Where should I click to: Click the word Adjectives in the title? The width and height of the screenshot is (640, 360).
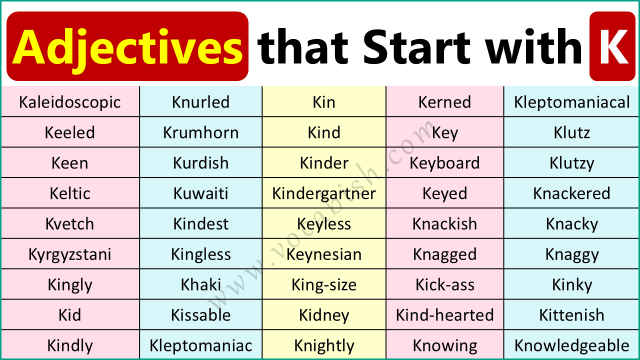pos(127,47)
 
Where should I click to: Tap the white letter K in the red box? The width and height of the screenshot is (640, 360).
pos(612,47)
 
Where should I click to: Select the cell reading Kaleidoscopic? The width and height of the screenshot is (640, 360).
pos(70,102)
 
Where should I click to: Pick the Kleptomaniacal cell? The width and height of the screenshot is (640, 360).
pos(572,102)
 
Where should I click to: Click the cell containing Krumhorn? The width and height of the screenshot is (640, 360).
pos(201,132)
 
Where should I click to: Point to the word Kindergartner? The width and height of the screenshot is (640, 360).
pos(324,193)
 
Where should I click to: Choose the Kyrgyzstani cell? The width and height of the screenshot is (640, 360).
pos(70,254)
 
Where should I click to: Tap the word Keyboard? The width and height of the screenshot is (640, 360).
pos(444,163)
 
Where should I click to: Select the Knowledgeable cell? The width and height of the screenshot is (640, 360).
pos(572,345)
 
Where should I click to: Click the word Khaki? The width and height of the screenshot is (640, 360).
pos(201,285)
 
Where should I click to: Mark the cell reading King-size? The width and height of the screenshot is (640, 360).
pos(324,285)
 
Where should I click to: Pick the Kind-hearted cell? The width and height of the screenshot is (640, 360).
pos(444,315)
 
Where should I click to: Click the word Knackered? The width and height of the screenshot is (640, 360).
pos(572,193)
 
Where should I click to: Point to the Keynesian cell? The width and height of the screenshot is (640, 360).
pos(324,254)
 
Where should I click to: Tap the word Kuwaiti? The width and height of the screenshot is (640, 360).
pos(201,193)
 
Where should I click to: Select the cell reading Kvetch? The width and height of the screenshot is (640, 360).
pos(70,224)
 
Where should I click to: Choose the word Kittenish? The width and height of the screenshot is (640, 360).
pos(572,315)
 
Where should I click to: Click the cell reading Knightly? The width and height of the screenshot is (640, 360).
pos(324,345)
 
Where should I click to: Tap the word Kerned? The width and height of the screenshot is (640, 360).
pos(444,102)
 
